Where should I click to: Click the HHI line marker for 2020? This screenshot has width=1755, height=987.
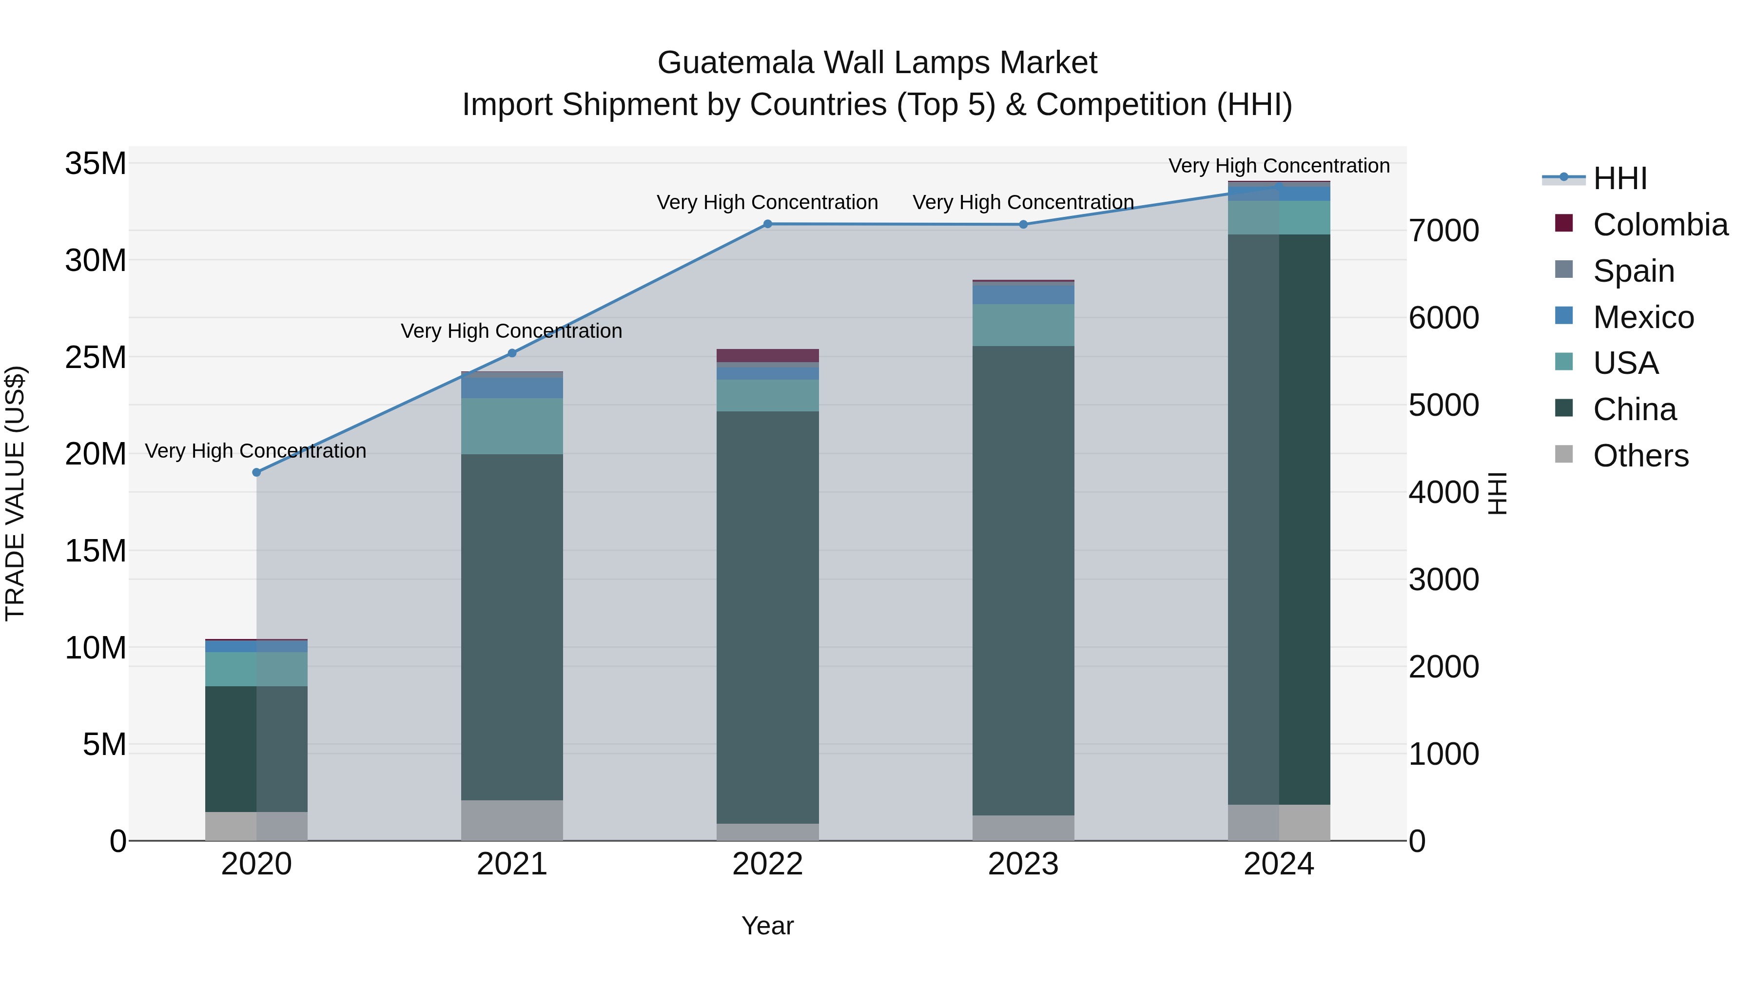pyautogui.click(x=256, y=472)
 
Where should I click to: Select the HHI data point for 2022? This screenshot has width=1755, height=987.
pyautogui.click(x=767, y=224)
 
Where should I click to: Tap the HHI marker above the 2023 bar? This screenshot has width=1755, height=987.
pyautogui.click(x=1023, y=224)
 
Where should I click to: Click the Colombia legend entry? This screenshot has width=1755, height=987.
pyautogui.click(x=1659, y=225)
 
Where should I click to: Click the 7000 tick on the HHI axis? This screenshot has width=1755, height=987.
pyautogui.click(x=1443, y=231)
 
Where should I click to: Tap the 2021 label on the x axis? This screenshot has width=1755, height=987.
pyautogui.click(x=512, y=864)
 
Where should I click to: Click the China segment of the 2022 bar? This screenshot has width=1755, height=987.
pyautogui.click(x=767, y=617)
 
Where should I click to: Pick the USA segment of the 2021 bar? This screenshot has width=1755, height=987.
pyautogui.click(x=512, y=426)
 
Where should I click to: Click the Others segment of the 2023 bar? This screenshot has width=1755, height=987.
pyautogui.click(x=1023, y=828)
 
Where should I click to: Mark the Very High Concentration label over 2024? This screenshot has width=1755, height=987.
pyautogui.click(x=1279, y=166)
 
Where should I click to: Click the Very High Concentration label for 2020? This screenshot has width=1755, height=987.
pyautogui.click(x=255, y=451)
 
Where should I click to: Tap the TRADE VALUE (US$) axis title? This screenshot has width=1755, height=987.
pyautogui.click(x=15, y=493)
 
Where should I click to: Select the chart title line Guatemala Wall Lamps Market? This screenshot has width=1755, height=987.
pyautogui.click(x=877, y=63)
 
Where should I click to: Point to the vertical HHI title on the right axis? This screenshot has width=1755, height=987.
pyautogui.click(x=1497, y=493)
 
